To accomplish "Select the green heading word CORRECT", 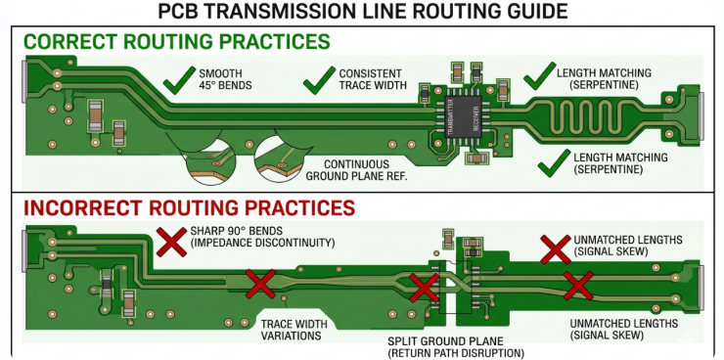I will (x=68, y=43).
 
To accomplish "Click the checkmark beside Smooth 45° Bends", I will (x=179, y=79).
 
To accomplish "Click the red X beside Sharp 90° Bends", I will (x=173, y=242).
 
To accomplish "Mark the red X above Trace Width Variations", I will (x=259, y=285).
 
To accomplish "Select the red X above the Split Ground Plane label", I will (x=424, y=288).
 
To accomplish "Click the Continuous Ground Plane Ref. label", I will (x=348, y=170).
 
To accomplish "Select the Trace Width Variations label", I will (x=291, y=330).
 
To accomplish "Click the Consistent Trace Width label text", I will (x=369, y=80).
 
